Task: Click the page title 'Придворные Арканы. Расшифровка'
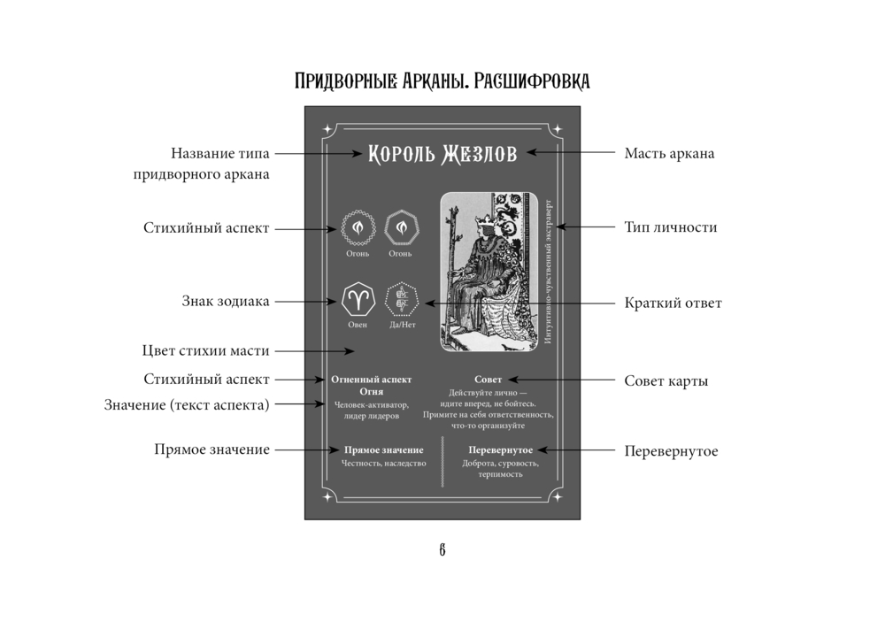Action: [x=442, y=81]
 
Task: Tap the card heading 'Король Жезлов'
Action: [x=442, y=153]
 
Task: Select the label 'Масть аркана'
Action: [x=669, y=153]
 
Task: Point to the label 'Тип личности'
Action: [x=670, y=227]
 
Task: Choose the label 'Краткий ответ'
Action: [x=673, y=303]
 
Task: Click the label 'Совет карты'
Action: [x=666, y=381]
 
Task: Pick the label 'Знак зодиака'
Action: [x=226, y=302]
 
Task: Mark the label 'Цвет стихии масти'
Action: [x=205, y=350]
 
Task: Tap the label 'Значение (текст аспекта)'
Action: [x=187, y=404]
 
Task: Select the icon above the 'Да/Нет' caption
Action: [x=402, y=300]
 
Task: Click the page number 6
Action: [x=442, y=550]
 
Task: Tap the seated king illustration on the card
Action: [x=489, y=274]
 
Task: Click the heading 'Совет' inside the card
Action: [x=488, y=379]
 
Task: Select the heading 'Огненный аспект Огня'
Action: [x=371, y=384]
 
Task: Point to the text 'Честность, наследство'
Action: [x=383, y=463]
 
